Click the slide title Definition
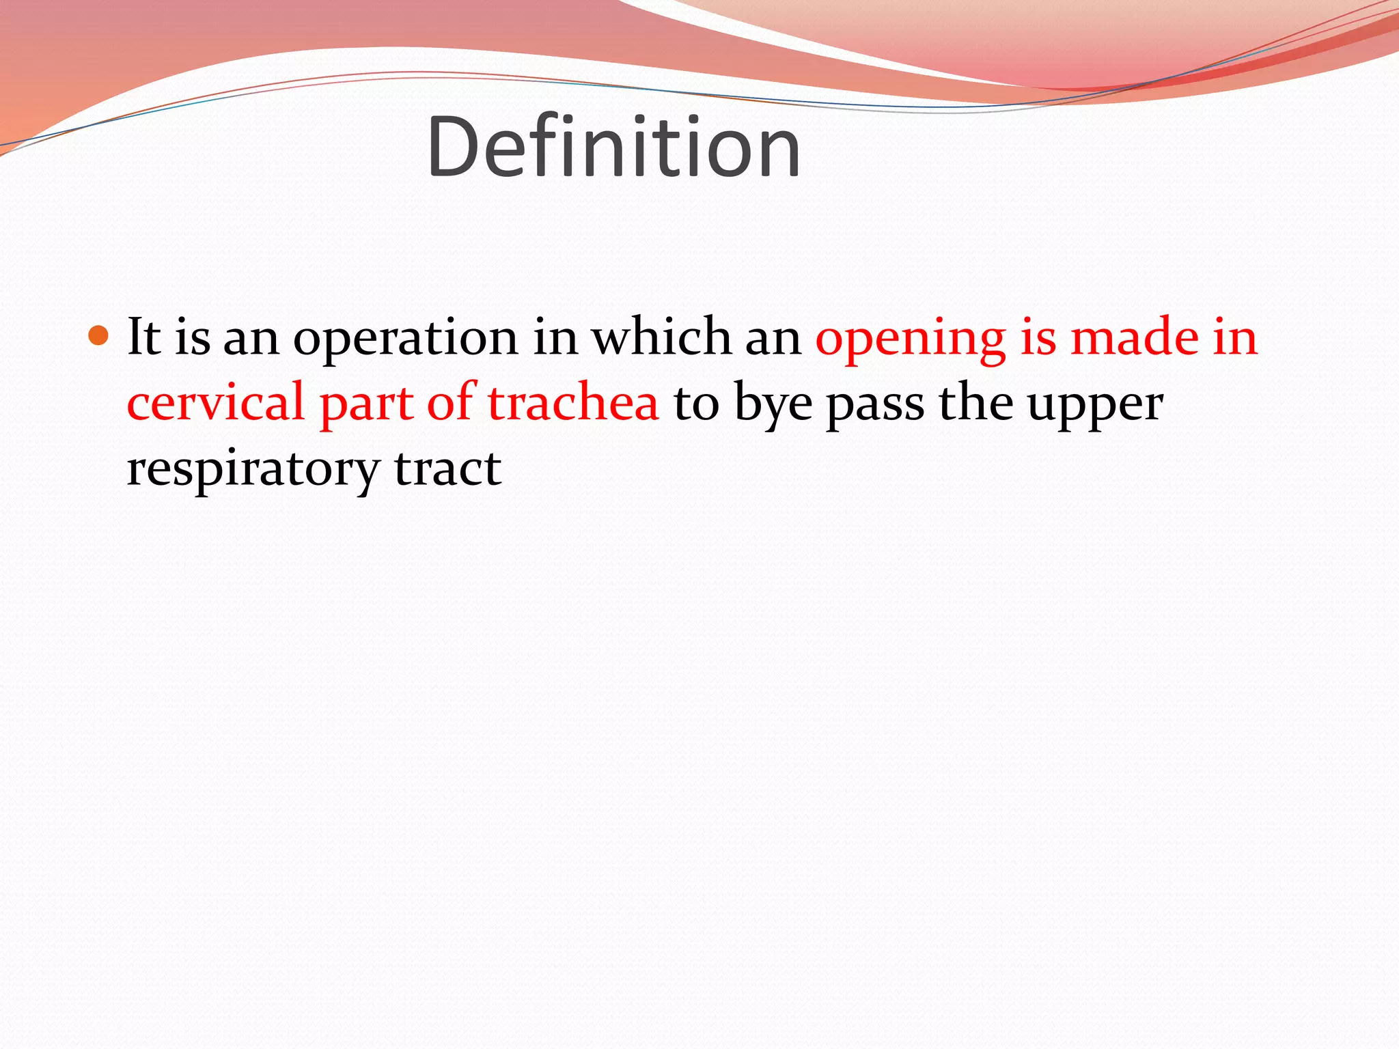(613, 148)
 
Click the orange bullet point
(99, 335)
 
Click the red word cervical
(215, 402)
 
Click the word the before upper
(975, 402)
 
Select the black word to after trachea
(696, 404)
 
